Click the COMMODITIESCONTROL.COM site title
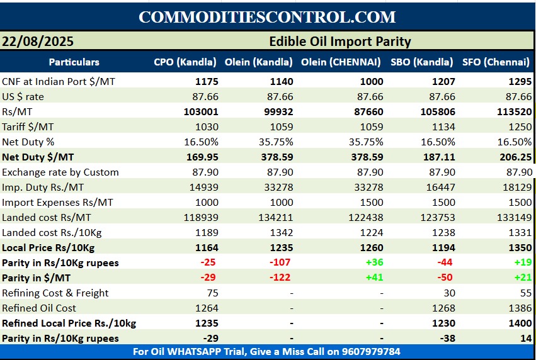point(268,17)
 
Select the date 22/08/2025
point(38,42)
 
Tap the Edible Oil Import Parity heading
point(339,42)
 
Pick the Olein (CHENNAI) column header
point(341,62)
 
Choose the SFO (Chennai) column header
point(496,62)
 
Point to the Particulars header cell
point(74,62)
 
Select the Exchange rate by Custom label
point(60,172)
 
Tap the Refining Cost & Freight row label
point(55,293)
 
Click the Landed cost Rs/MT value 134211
point(276,217)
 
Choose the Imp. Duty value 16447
point(438,187)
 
